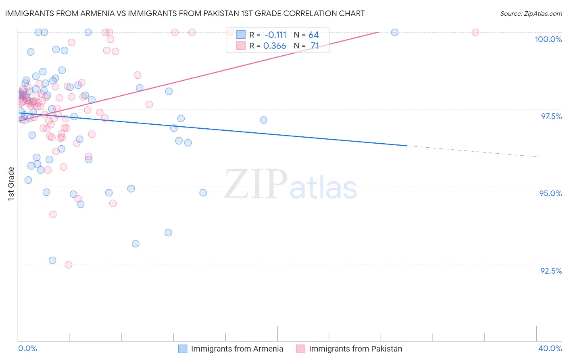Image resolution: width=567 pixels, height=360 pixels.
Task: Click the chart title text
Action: click(x=185, y=13)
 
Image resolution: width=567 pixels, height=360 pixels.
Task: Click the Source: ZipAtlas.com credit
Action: click(x=531, y=13)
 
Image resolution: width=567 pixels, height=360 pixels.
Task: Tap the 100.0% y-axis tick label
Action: click(x=548, y=39)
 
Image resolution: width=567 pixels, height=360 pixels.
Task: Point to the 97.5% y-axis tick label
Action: click(x=551, y=116)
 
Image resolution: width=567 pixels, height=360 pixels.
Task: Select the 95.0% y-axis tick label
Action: click(x=550, y=193)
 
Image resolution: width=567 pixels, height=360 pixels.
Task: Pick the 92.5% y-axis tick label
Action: click(x=551, y=271)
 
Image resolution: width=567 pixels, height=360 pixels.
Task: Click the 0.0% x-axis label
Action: click(x=27, y=348)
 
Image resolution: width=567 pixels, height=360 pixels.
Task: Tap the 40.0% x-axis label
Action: click(x=550, y=348)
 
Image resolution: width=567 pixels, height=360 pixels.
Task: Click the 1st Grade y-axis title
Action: click(x=11, y=183)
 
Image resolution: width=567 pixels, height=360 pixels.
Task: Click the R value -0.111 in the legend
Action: click(x=275, y=35)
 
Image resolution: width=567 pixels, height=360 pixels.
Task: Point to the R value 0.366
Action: click(x=275, y=46)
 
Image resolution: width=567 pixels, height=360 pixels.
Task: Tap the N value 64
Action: click(x=313, y=35)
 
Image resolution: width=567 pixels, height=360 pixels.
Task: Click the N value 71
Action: click(x=315, y=46)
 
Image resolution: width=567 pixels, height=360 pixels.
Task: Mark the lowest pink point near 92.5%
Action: click(x=69, y=265)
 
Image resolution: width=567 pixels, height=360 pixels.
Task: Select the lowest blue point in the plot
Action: click(x=52, y=260)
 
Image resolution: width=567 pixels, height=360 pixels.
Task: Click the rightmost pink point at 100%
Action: click(x=475, y=32)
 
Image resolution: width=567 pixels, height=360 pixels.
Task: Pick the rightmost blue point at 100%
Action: click(x=395, y=32)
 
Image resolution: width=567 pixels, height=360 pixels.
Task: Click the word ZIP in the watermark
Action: click(x=256, y=184)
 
